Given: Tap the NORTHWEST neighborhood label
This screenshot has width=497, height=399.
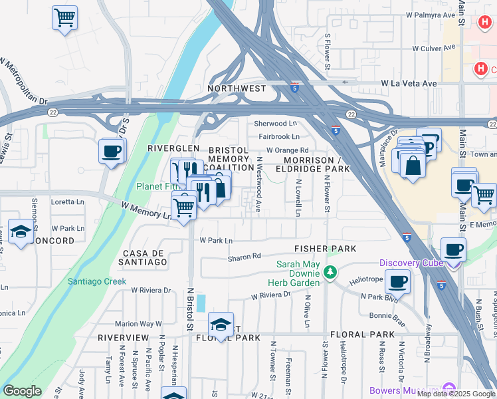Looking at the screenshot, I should [237, 88].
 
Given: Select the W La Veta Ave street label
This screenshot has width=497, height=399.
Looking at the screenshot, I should [409, 84].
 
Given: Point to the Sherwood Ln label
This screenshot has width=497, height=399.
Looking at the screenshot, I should [275, 124].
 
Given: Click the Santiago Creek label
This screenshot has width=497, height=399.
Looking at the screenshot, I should [96, 281].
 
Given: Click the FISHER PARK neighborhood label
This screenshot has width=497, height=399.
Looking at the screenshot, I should [326, 249].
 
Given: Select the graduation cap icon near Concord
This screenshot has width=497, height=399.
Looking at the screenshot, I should [21, 233].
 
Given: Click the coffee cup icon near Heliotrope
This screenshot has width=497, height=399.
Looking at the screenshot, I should [397, 281].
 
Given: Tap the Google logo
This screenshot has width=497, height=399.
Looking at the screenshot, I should [22, 391].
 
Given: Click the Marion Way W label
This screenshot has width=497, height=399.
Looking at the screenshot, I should [138, 324].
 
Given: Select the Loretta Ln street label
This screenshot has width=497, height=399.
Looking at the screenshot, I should [67, 201].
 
